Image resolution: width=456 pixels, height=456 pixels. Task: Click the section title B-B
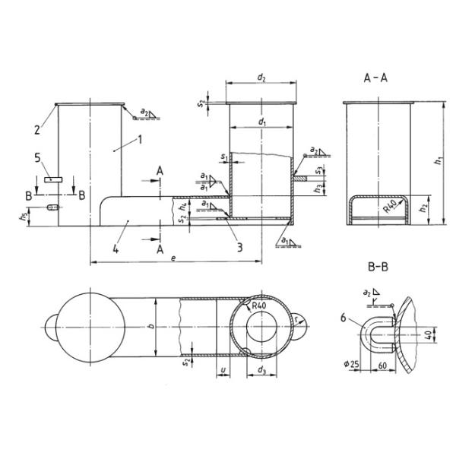click(378, 268)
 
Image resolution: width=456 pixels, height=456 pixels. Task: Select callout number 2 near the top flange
click(36, 130)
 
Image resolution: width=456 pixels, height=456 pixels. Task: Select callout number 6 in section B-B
click(347, 319)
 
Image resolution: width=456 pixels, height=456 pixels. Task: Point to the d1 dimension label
click(261, 121)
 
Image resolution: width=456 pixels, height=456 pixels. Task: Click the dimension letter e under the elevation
click(174, 258)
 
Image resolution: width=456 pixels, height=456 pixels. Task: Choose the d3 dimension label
click(261, 370)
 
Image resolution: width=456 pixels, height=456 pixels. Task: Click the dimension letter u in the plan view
click(223, 370)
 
